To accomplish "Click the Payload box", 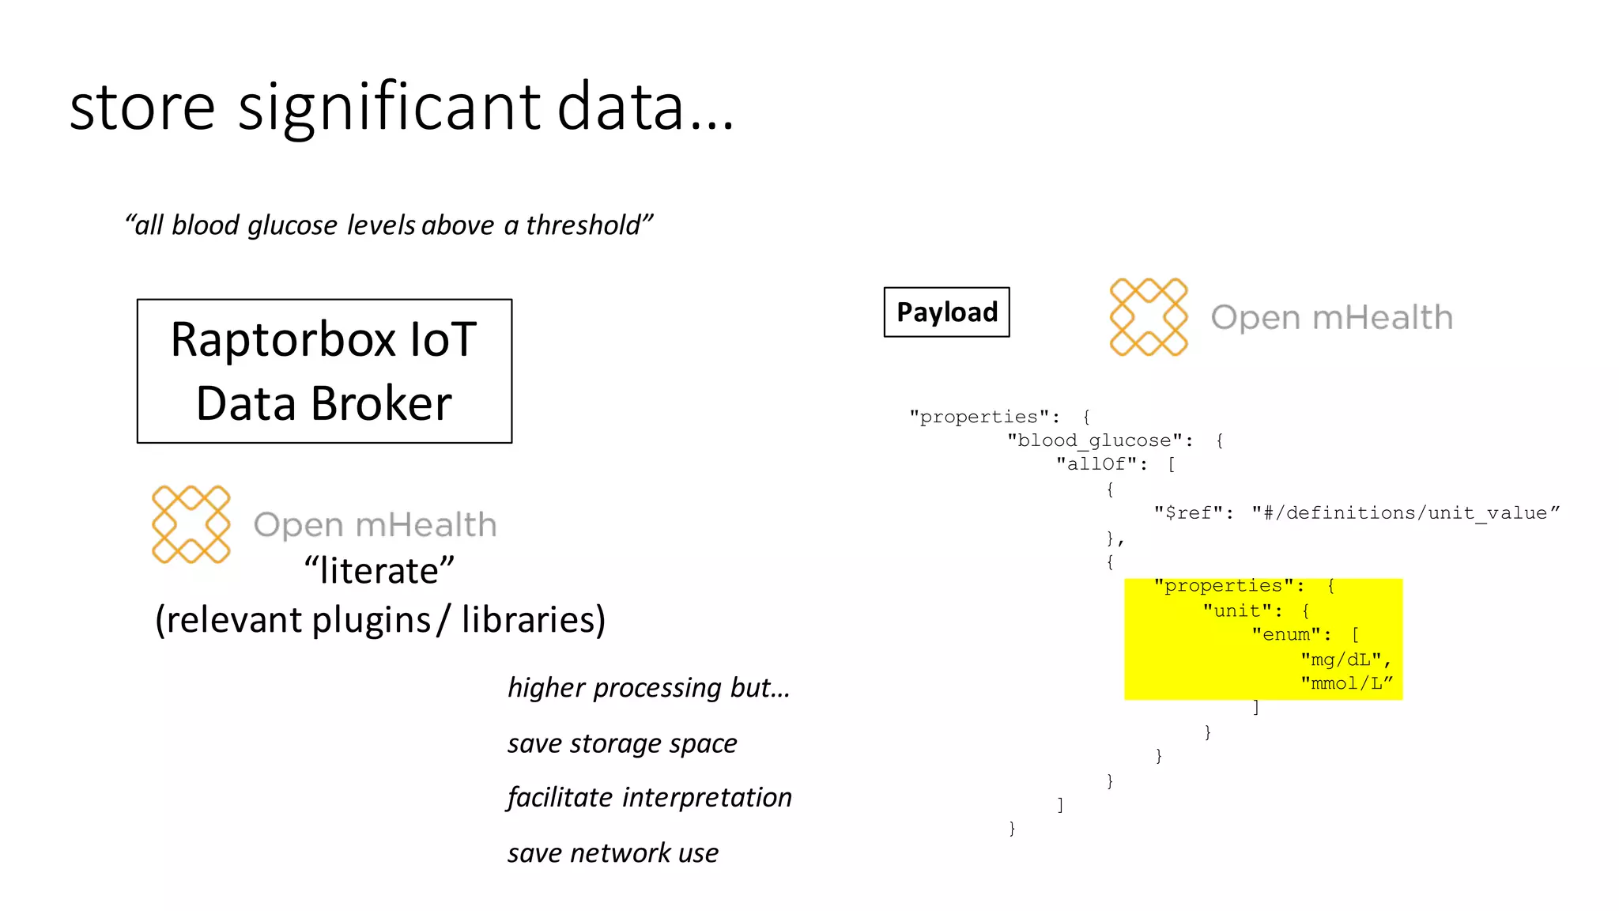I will tap(946, 312).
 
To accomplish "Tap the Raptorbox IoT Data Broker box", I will tap(324, 371).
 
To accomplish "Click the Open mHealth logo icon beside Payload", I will tap(1148, 317).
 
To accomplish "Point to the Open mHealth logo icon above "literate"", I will tap(191, 524).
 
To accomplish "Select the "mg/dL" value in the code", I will tap(1341, 660).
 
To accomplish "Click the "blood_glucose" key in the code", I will tap(1094, 440).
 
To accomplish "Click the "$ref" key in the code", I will tap(1188, 513).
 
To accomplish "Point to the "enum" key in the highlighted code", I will tap(1286, 635).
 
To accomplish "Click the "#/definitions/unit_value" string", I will tap(1405, 513).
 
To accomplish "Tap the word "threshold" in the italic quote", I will tap(583, 225).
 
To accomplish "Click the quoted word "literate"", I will tap(379, 571).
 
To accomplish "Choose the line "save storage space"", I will tap(622, 743).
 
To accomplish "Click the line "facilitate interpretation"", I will tap(649, 797).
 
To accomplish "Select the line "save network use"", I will tap(613, 853).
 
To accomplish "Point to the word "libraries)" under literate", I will tap(534, 619).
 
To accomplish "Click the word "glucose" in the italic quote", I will tap(292, 225).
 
